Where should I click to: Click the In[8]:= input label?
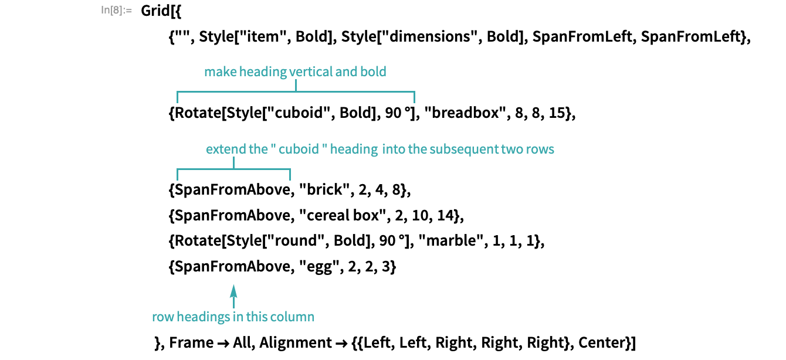pos(116,10)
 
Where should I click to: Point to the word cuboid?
pos(299,150)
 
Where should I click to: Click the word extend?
pos(226,150)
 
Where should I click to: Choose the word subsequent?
pos(463,150)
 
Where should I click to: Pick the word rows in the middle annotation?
pos(540,150)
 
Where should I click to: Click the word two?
pos(512,150)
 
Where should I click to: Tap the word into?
pos(393,150)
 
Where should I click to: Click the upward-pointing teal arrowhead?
pos(233,290)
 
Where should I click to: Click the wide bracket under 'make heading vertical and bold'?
pos(296,92)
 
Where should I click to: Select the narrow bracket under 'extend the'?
pos(233,170)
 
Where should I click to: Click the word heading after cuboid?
pos(354,150)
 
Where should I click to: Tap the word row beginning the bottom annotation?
pos(162,317)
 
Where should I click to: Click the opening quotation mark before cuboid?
pos(273,147)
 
